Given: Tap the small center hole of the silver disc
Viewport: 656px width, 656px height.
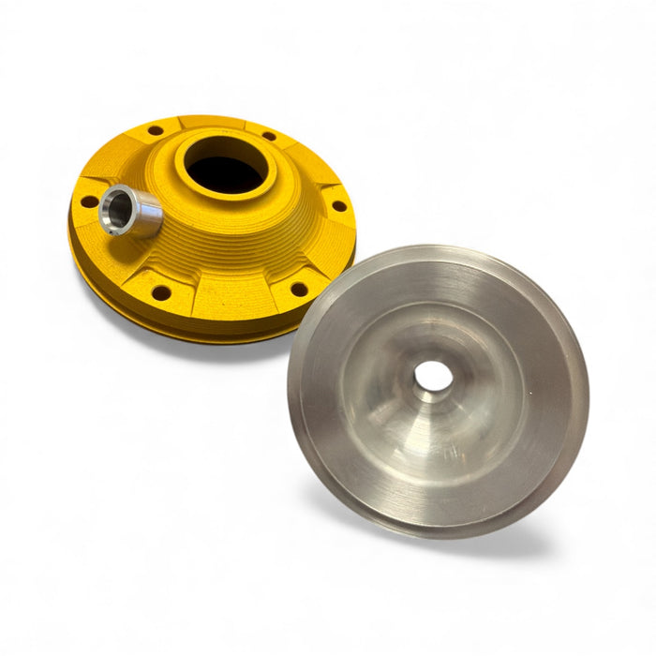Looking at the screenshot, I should tap(433, 376).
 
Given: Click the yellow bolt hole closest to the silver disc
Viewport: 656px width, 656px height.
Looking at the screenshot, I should tap(299, 289).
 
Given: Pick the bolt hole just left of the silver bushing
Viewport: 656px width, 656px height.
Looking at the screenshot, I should tap(87, 201).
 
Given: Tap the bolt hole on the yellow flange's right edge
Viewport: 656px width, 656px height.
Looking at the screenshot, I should tap(338, 204).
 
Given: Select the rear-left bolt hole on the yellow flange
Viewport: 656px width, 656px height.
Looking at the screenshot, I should tap(154, 131).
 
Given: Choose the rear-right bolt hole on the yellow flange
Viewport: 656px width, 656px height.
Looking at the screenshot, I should tap(269, 136).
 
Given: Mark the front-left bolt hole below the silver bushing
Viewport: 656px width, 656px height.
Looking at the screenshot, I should tap(161, 293).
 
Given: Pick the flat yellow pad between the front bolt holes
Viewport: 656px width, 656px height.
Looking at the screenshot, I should tap(230, 295).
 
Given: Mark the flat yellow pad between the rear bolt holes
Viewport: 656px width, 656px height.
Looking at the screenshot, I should tap(211, 124).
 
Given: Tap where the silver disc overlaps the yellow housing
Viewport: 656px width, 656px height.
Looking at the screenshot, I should tap(305, 314).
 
